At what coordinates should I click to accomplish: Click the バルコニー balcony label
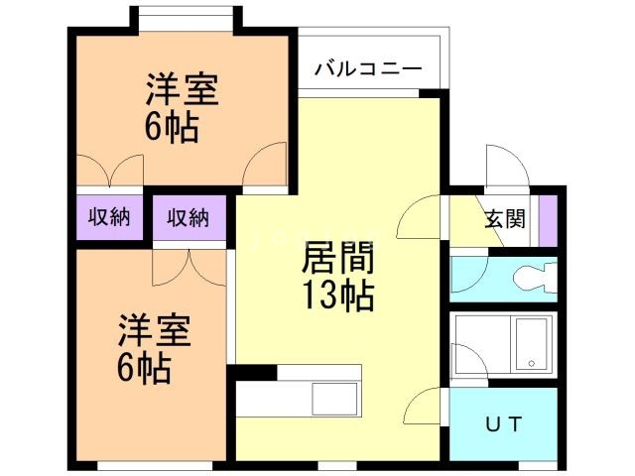[x=368, y=68]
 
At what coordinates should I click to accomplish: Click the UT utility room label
[x=504, y=424]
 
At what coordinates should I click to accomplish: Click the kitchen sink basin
[x=334, y=399]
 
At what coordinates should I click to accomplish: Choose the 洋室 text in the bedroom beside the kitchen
[x=156, y=331]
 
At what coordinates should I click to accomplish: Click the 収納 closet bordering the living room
[x=188, y=217]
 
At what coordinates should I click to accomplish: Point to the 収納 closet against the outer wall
[x=108, y=217]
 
